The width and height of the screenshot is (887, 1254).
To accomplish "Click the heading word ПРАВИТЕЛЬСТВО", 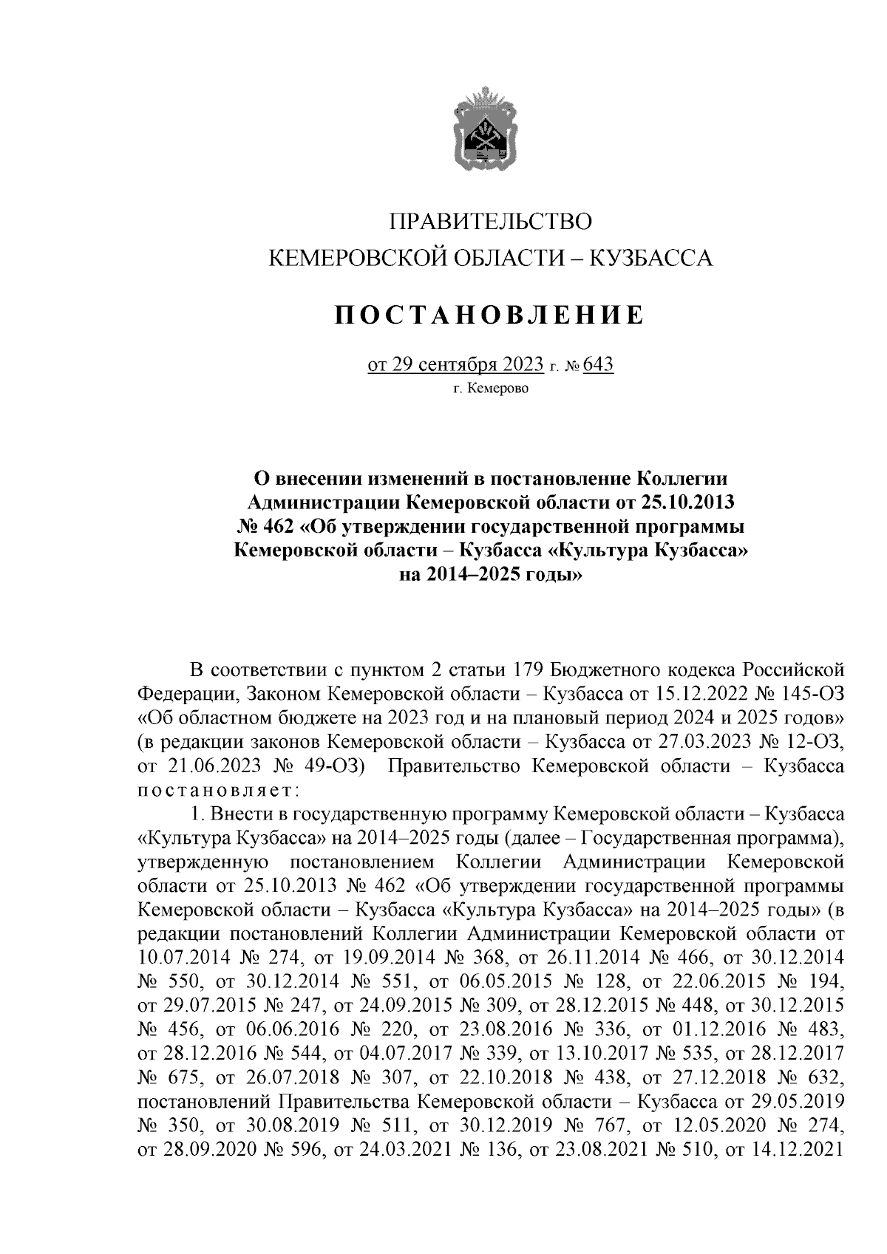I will (x=492, y=221).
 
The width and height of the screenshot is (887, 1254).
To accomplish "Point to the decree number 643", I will (x=599, y=366).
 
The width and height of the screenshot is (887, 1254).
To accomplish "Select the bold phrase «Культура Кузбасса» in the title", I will (x=651, y=551).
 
